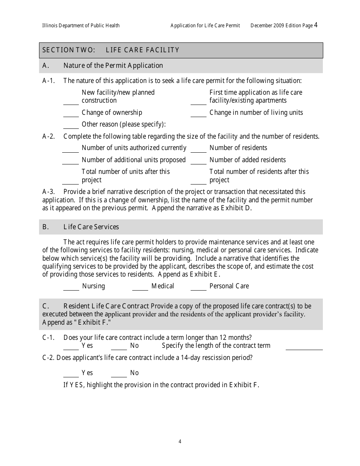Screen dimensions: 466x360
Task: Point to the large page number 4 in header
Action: [x=316, y=25]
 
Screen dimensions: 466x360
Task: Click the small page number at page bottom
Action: [x=180, y=441]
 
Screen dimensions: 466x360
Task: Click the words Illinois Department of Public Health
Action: [x=81, y=26]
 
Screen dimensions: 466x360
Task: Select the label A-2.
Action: [x=49, y=136]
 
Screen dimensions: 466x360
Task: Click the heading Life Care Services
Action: [x=91, y=227]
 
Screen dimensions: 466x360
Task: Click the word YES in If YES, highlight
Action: [x=77, y=385]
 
